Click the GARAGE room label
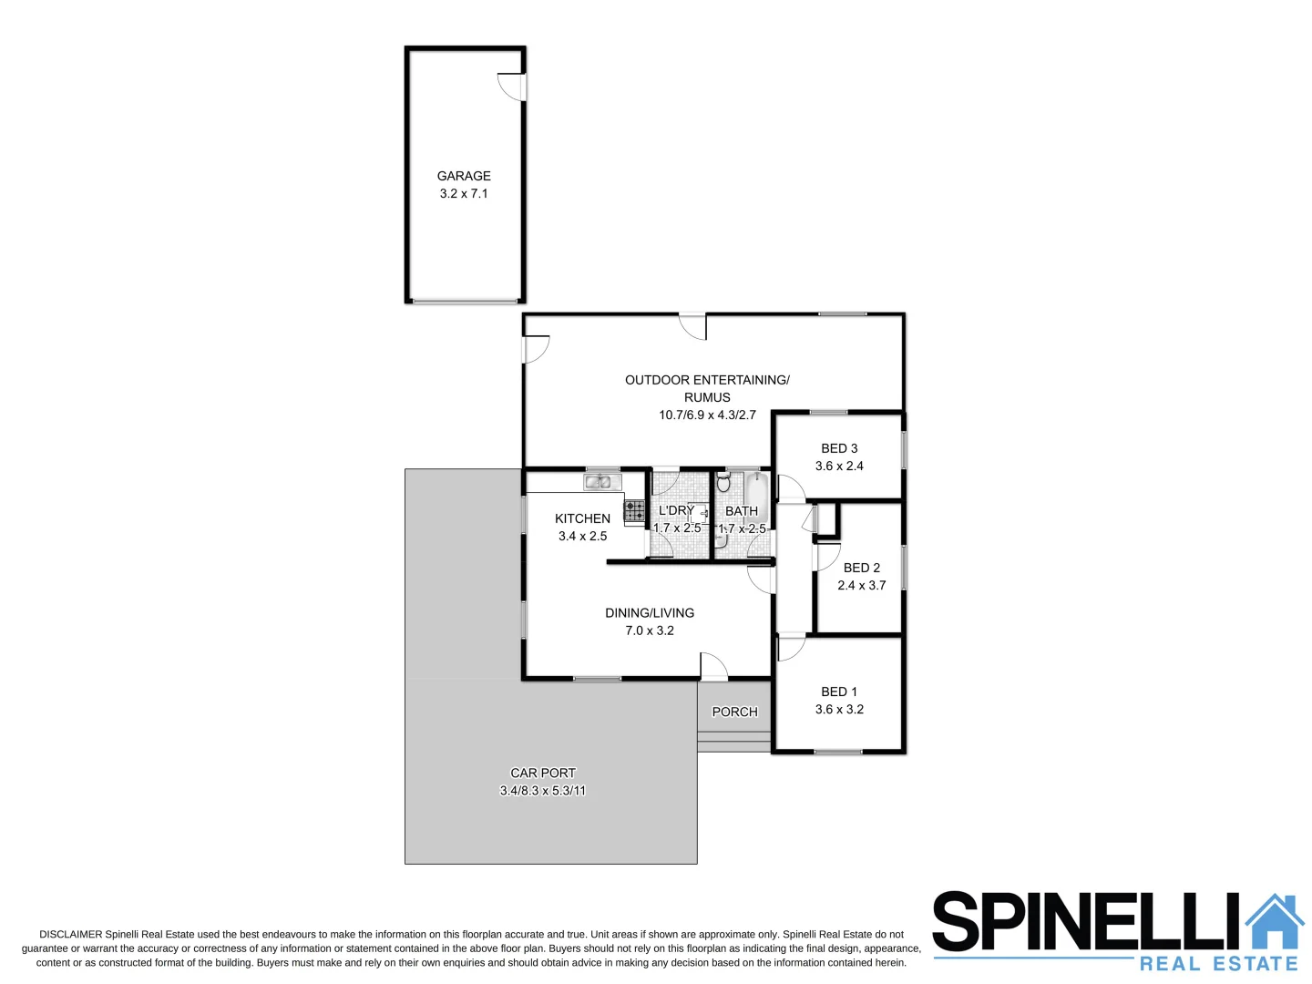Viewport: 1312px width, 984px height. [x=464, y=176]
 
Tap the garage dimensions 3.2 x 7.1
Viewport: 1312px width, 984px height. [x=464, y=193]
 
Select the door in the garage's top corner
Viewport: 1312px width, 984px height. [x=512, y=87]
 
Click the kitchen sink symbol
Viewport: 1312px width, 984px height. [x=602, y=482]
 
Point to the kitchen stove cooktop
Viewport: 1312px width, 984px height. [x=634, y=511]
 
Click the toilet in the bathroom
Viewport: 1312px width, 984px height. [x=723, y=481]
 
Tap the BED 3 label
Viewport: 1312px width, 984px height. [x=839, y=448]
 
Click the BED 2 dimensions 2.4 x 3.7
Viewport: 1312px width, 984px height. [x=861, y=585]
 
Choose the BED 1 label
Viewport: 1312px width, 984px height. [x=839, y=692]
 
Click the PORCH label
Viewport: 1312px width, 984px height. [x=734, y=712]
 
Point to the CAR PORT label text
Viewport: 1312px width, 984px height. [x=543, y=773]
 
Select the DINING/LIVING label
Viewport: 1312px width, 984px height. [x=650, y=613]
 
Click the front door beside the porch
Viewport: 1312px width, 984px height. [x=713, y=668]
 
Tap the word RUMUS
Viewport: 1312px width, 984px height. [x=707, y=397]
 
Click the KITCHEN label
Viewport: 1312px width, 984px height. [x=582, y=518]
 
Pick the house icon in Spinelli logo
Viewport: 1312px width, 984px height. [x=1274, y=923]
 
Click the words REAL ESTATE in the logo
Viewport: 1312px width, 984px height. [x=1218, y=963]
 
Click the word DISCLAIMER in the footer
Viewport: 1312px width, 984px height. [x=70, y=934]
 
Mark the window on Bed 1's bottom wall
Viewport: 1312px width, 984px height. [x=838, y=752]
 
